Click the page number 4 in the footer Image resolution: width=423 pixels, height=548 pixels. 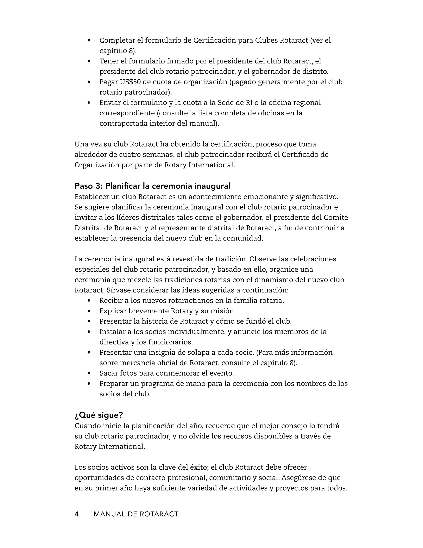pyautogui.click(x=77, y=514)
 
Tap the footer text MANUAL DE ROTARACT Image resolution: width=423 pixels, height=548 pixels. pyautogui.click(x=136, y=514)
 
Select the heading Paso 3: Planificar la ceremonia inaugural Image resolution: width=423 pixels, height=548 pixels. pyautogui.click(x=152, y=186)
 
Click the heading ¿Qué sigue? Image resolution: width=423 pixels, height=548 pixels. pyautogui.click(x=99, y=415)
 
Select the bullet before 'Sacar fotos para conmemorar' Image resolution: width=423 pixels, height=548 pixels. pyautogui.click(x=89, y=373)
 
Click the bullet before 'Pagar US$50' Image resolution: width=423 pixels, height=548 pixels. pyautogui.click(x=89, y=82)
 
